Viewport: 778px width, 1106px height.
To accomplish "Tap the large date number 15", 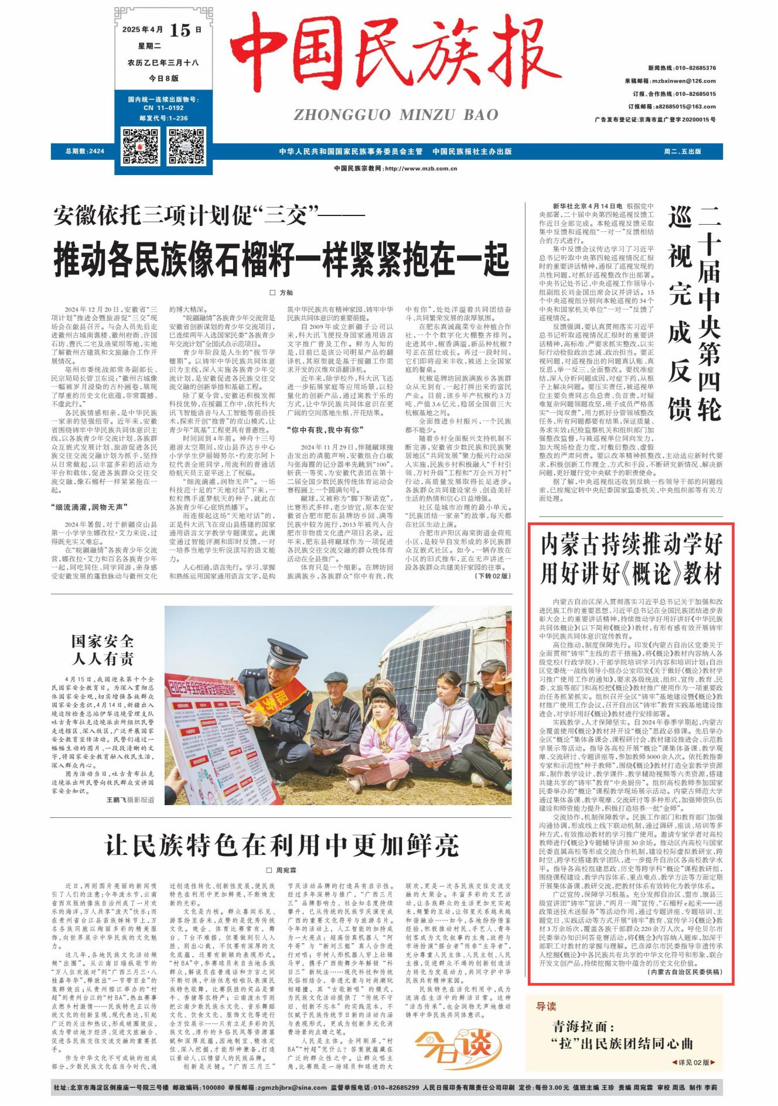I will click(x=180, y=30).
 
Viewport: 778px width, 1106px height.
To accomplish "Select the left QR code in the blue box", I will click(x=141, y=146).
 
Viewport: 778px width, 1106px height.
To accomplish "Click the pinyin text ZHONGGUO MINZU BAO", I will click(x=396, y=115).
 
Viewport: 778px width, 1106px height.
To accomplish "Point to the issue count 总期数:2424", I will click(x=86, y=151).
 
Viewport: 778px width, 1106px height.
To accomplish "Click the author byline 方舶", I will click(x=282, y=292).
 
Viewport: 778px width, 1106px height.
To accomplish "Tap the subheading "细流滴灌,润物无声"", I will click(x=88, y=507).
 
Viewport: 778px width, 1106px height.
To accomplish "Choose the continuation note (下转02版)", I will click(x=493, y=576).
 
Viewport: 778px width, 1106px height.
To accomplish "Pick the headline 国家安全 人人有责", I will click(x=103, y=649).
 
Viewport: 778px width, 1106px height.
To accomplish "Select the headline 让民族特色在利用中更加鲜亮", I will click(x=281, y=844).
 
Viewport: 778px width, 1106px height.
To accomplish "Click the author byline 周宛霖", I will click(x=282, y=870).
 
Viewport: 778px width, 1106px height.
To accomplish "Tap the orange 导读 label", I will click(x=546, y=1006).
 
